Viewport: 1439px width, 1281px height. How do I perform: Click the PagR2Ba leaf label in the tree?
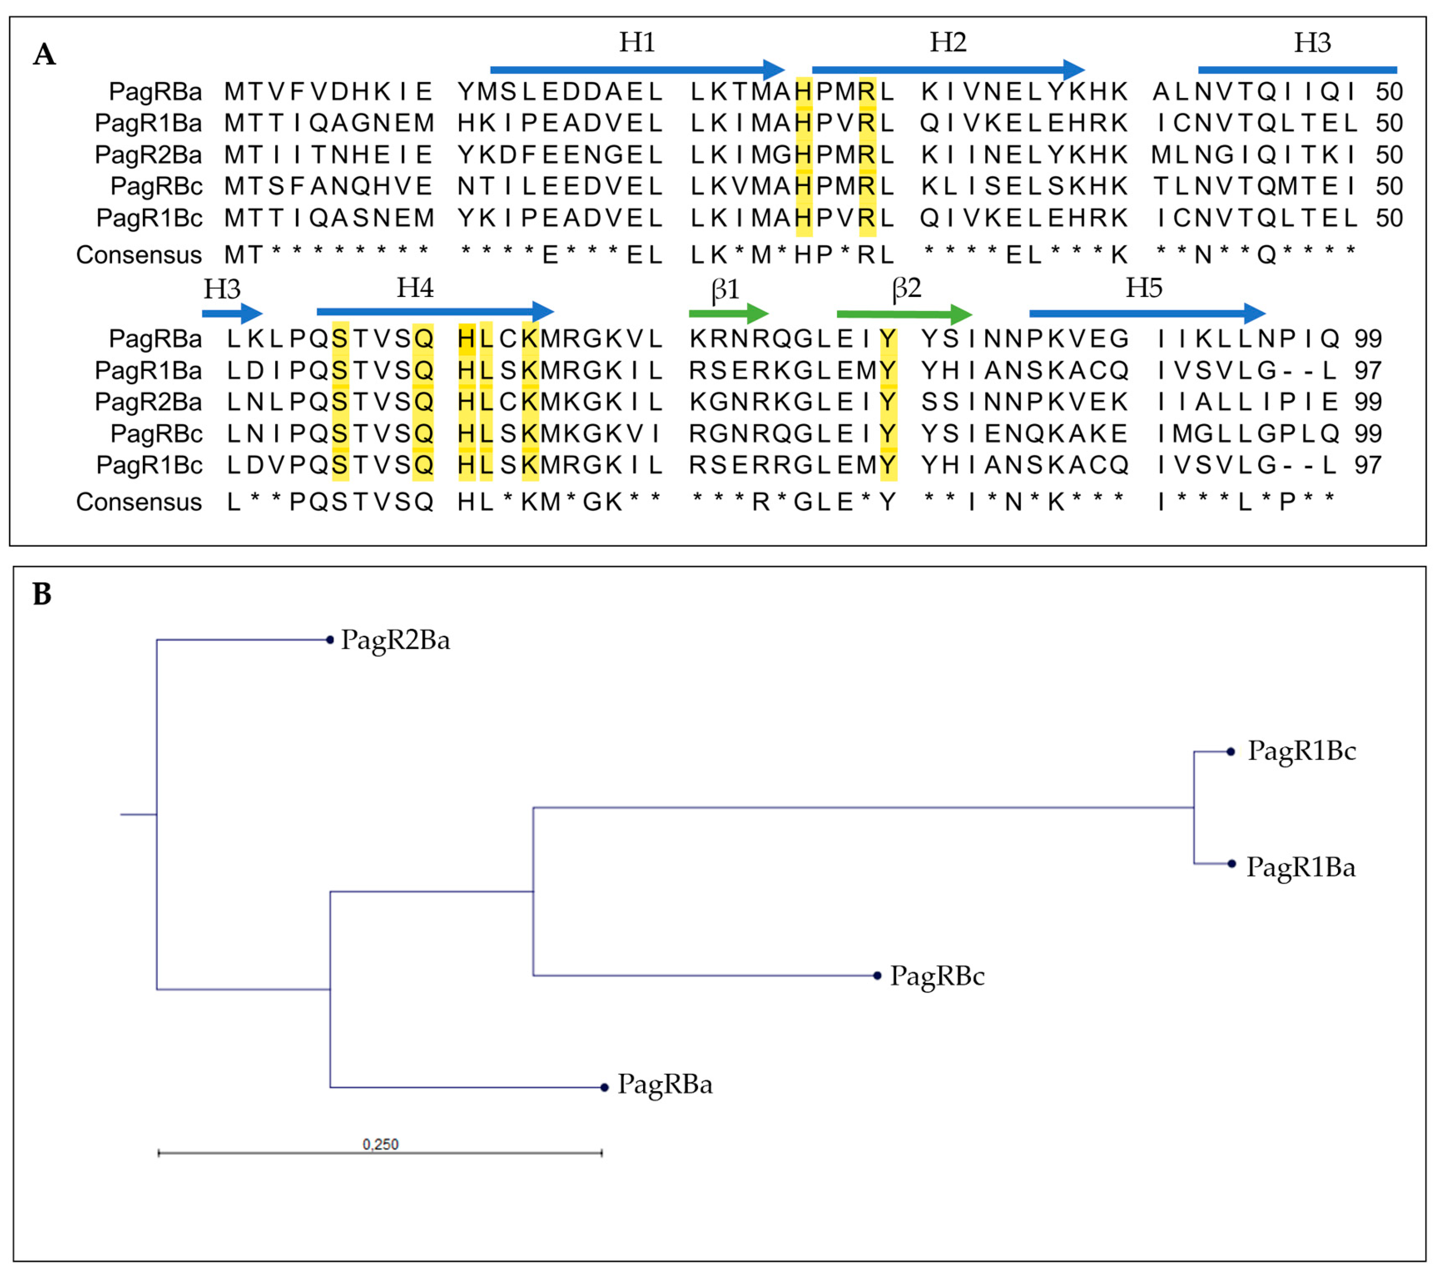click(395, 640)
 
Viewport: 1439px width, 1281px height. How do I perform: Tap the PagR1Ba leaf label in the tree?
click(1301, 867)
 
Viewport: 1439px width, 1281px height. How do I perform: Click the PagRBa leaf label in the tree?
click(665, 1085)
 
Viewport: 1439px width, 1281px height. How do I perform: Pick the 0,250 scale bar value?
click(380, 1144)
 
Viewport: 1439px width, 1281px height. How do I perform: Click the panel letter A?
click(45, 54)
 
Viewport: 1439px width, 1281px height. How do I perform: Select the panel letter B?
click(42, 594)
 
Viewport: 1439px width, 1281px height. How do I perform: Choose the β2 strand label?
click(906, 289)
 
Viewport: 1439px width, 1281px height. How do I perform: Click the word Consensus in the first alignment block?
click(138, 255)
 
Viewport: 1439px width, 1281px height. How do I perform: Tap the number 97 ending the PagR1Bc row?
click(1368, 465)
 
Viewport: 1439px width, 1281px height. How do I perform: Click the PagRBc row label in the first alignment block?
click(156, 187)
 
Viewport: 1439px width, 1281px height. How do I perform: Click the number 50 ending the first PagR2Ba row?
click(1389, 155)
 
